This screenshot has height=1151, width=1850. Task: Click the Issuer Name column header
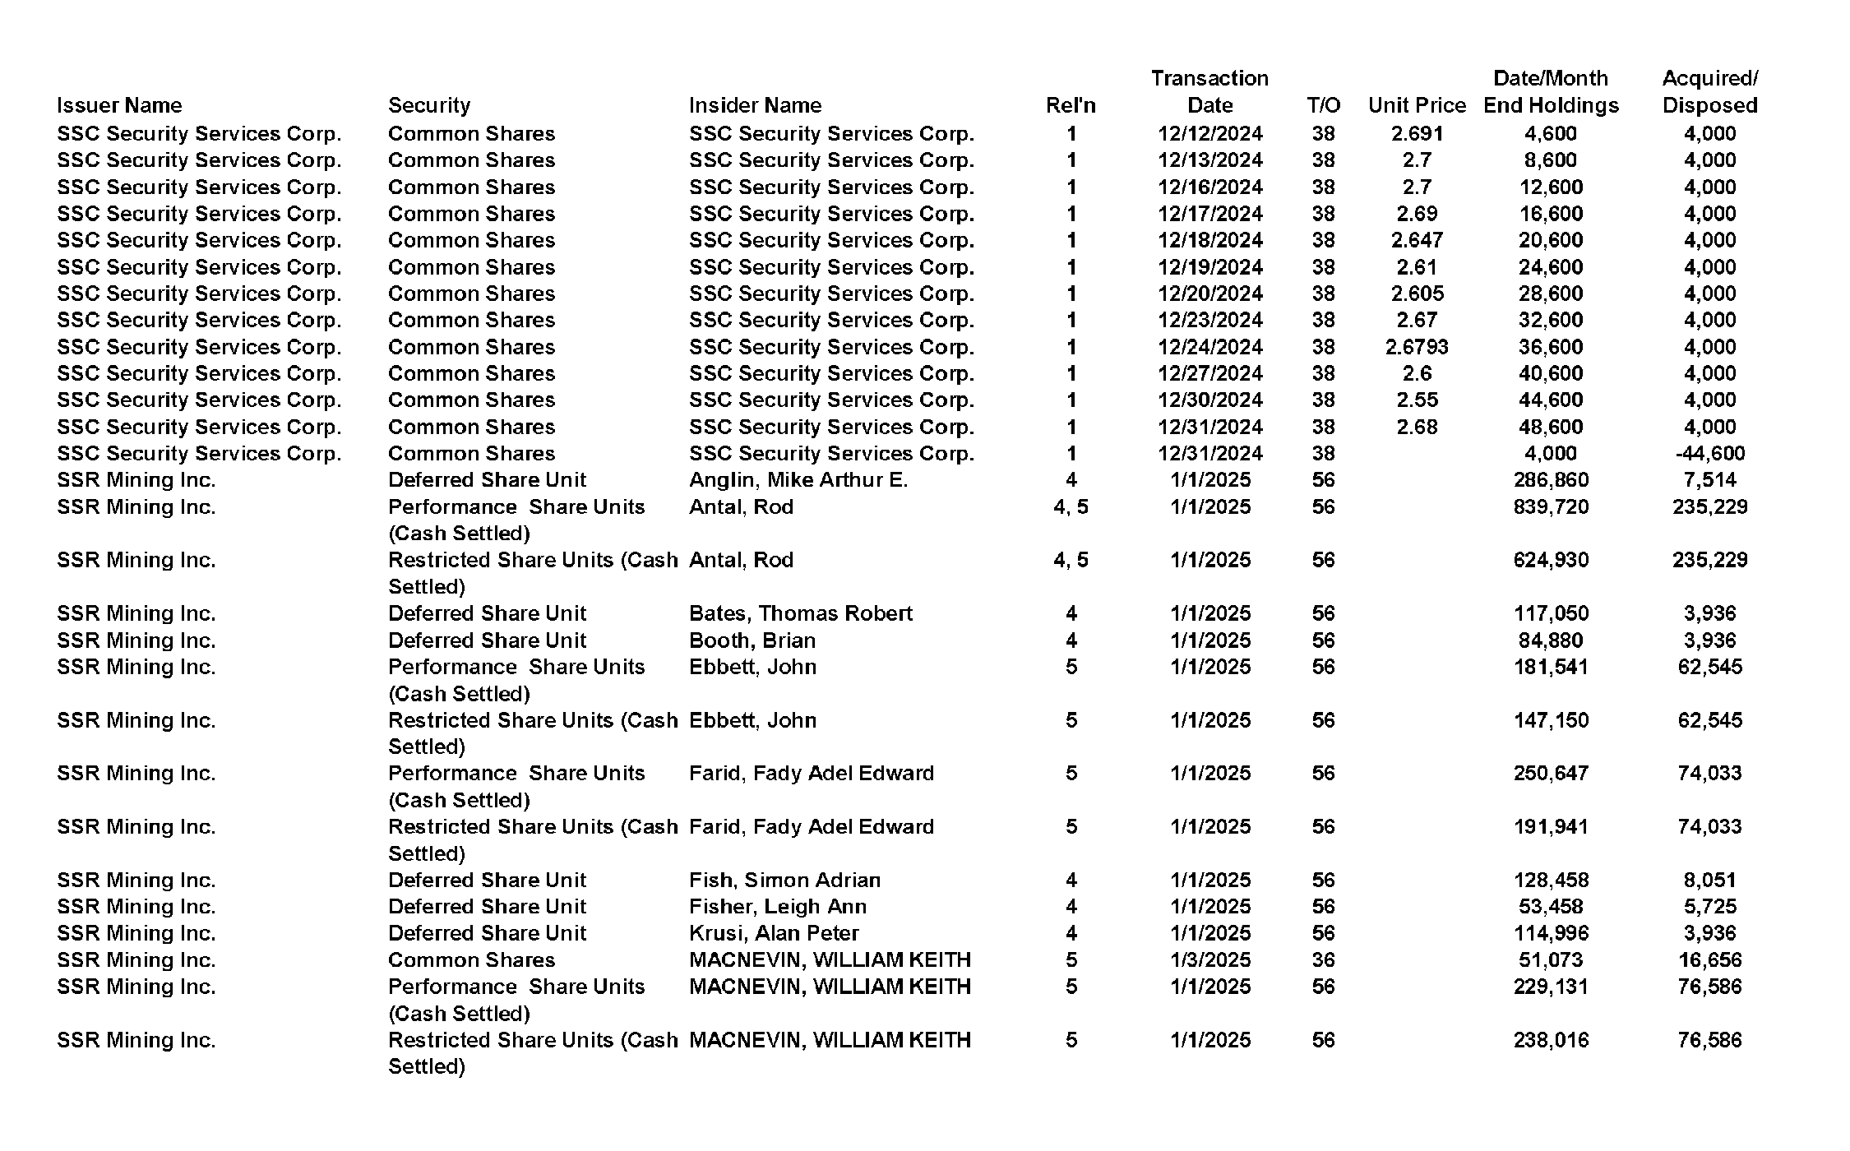click(119, 105)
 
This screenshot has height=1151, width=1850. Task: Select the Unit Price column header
click(1417, 105)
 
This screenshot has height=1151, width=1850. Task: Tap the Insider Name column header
click(755, 105)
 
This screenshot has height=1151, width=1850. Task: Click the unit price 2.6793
click(1417, 347)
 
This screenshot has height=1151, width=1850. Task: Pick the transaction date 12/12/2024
click(1209, 133)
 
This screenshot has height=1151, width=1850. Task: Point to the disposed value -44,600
click(1709, 453)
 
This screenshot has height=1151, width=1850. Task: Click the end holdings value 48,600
click(1550, 427)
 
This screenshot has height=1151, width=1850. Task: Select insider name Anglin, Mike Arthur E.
click(798, 480)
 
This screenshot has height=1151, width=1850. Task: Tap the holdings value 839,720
click(1550, 506)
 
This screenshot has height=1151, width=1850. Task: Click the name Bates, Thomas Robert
click(800, 613)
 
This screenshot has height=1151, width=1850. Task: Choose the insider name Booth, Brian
click(752, 640)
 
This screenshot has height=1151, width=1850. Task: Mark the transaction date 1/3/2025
click(1209, 959)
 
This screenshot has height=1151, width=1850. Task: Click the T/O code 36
click(1323, 959)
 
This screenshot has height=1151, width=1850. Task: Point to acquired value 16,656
click(1709, 959)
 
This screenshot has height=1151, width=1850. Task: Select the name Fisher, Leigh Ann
click(777, 907)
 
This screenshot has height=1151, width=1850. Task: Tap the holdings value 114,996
click(1550, 933)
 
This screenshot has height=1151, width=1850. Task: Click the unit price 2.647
click(1417, 240)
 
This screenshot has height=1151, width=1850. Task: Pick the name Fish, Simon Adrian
click(784, 880)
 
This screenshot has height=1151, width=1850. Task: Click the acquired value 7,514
click(1709, 480)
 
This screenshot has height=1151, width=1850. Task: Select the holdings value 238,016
click(1550, 1040)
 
